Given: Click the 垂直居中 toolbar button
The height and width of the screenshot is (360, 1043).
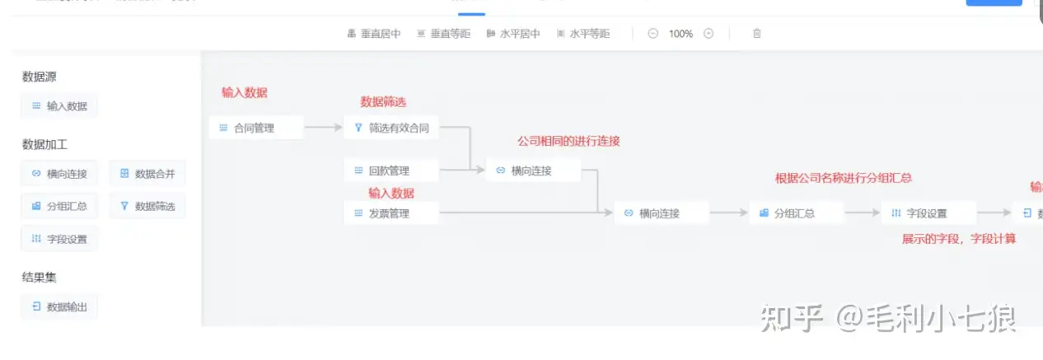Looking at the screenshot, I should pos(374,34).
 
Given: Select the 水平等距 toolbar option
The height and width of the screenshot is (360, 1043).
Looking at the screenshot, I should pos(583,34).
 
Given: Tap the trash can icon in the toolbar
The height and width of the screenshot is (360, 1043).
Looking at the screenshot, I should pos(756,34).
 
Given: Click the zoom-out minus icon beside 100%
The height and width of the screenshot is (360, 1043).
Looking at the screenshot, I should pos(653,34).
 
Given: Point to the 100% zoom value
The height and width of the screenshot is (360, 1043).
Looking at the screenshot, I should pos(681,34).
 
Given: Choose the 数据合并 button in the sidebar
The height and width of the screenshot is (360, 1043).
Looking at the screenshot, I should pos(147,174).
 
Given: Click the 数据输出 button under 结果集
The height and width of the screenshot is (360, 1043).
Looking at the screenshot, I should pos(59,307).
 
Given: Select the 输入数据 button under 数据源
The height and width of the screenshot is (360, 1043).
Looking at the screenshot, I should pos(59,106).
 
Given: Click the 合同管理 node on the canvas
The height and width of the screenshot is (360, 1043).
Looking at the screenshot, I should pos(255,128).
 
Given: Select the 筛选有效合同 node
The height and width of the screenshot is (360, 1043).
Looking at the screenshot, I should pos(391,128).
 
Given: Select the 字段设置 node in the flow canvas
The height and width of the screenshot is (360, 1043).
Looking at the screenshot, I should pos(928,213).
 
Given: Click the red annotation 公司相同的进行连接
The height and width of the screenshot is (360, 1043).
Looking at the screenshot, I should pos(568,142).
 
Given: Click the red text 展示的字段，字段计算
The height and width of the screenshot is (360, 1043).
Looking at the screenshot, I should pos(959,239).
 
